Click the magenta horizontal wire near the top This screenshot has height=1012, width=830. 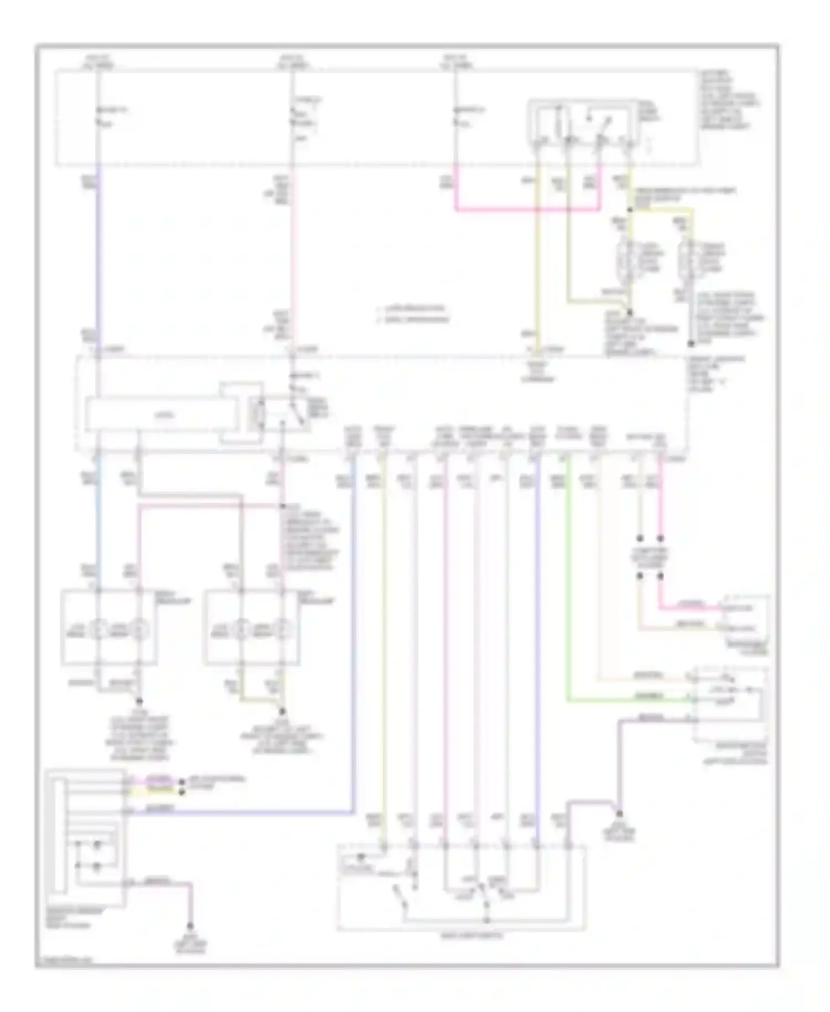(526, 210)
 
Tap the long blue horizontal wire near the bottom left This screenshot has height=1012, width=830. (238, 813)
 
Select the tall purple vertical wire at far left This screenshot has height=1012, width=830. (98, 255)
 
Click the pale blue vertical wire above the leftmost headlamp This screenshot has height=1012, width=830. (98, 526)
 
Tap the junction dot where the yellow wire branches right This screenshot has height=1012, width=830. (630, 210)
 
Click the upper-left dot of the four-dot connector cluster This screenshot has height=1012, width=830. (640, 538)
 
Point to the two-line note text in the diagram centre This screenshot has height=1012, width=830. (412, 313)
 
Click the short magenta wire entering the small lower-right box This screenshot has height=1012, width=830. (689, 608)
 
